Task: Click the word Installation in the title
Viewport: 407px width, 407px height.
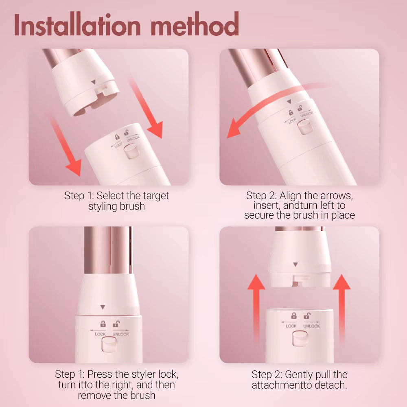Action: click(77, 25)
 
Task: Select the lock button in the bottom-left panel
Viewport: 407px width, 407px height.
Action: click(109, 345)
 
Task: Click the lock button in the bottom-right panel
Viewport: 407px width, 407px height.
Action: click(300, 339)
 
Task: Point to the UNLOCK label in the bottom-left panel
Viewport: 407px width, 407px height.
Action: click(121, 334)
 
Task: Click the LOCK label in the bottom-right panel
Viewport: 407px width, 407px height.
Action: click(291, 326)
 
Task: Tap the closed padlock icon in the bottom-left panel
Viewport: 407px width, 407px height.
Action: click(103, 324)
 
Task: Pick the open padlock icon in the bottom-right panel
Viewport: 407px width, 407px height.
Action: click(307, 316)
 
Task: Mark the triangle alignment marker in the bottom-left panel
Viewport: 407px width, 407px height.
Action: click(103, 307)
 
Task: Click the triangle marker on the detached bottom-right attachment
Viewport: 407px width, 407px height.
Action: click(295, 265)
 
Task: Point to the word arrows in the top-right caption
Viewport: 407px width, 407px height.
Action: click(337, 195)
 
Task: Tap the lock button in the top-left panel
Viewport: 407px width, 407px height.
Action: click(131, 151)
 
